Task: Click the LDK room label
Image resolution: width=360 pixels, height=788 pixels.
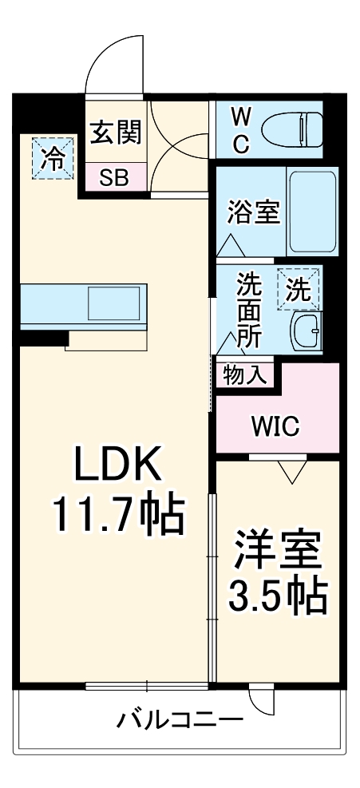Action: pyautogui.click(x=119, y=465)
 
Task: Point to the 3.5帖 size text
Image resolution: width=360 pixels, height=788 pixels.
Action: pyautogui.click(x=277, y=595)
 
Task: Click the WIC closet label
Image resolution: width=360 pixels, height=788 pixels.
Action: pyautogui.click(x=275, y=426)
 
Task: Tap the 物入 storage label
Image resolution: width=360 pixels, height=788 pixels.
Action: pyautogui.click(x=244, y=374)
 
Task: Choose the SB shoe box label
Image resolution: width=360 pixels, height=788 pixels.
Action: pyautogui.click(x=114, y=177)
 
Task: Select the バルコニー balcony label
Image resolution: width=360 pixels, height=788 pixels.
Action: pyautogui.click(x=180, y=720)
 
